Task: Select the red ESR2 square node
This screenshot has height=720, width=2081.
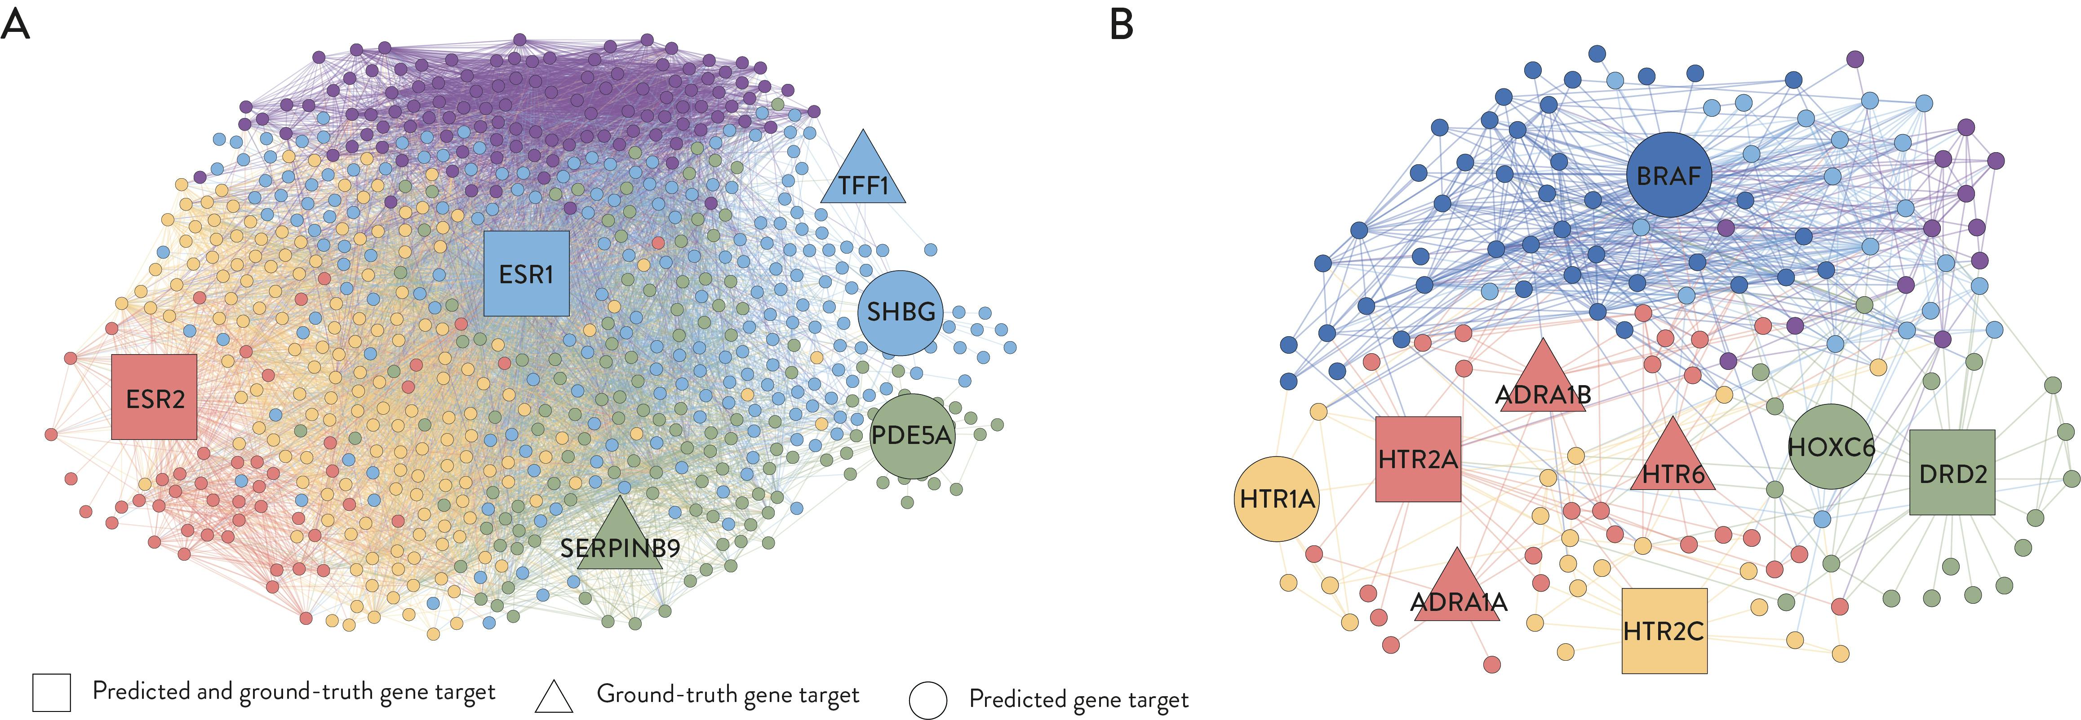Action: [154, 397]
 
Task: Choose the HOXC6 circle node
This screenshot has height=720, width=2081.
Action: [1831, 446]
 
